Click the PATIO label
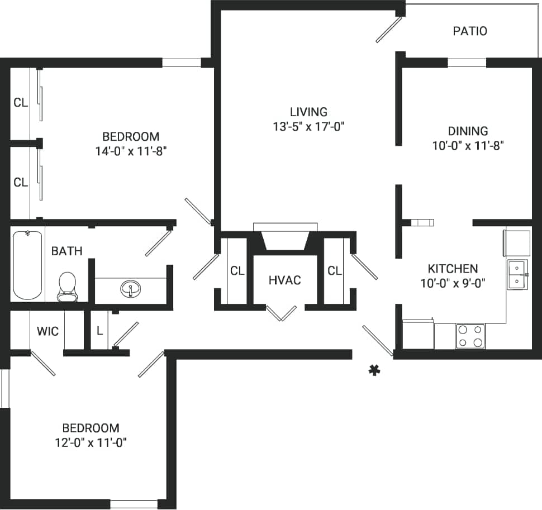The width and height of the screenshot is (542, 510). click(469, 31)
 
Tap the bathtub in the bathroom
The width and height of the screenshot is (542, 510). click(27, 265)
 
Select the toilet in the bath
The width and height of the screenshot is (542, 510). click(67, 285)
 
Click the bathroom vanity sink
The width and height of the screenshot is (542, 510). click(131, 289)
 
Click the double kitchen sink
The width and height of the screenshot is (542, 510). click(517, 274)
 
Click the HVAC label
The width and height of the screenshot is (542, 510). click(285, 280)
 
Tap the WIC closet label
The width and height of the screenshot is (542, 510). click(47, 331)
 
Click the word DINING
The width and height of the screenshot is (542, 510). click(468, 131)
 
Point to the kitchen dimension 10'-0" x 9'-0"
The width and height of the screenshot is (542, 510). click(453, 283)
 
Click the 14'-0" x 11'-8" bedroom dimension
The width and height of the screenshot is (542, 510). click(131, 151)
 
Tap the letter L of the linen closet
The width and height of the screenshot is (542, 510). click(99, 331)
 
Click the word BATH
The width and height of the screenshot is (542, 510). click(66, 251)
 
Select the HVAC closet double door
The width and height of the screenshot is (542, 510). click(282, 313)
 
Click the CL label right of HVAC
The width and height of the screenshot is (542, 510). click(335, 271)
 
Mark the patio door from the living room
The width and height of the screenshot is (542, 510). click(389, 30)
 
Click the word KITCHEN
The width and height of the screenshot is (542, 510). click(453, 268)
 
